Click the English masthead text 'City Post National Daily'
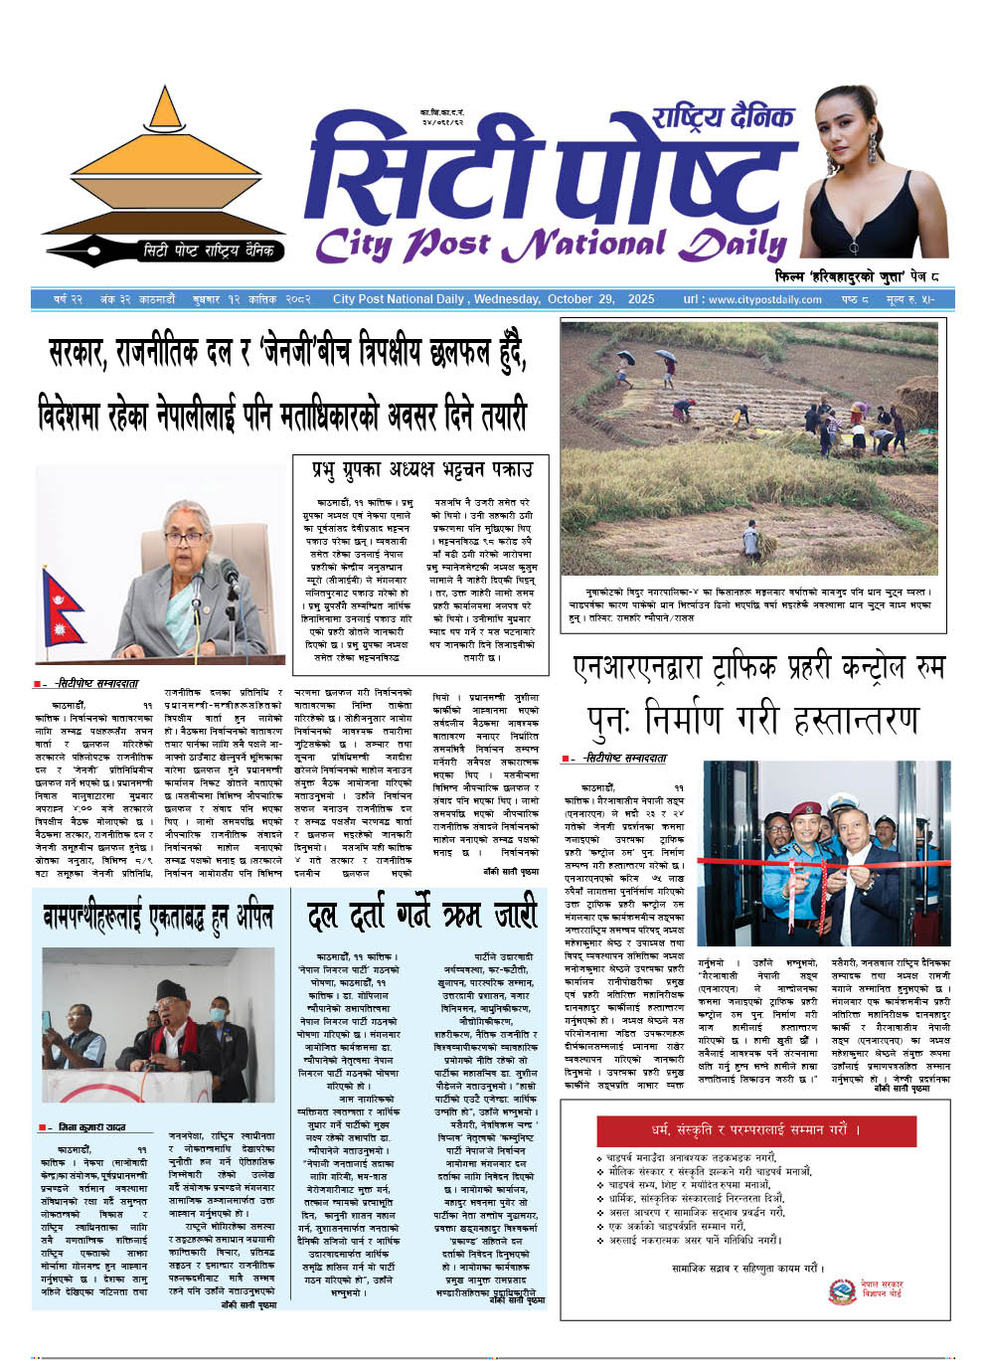(x=551, y=245)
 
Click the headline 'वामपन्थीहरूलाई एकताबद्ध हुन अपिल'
(x=158, y=916)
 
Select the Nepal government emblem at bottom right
(x=842, y=1291)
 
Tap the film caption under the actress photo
(x=856, y=275)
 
